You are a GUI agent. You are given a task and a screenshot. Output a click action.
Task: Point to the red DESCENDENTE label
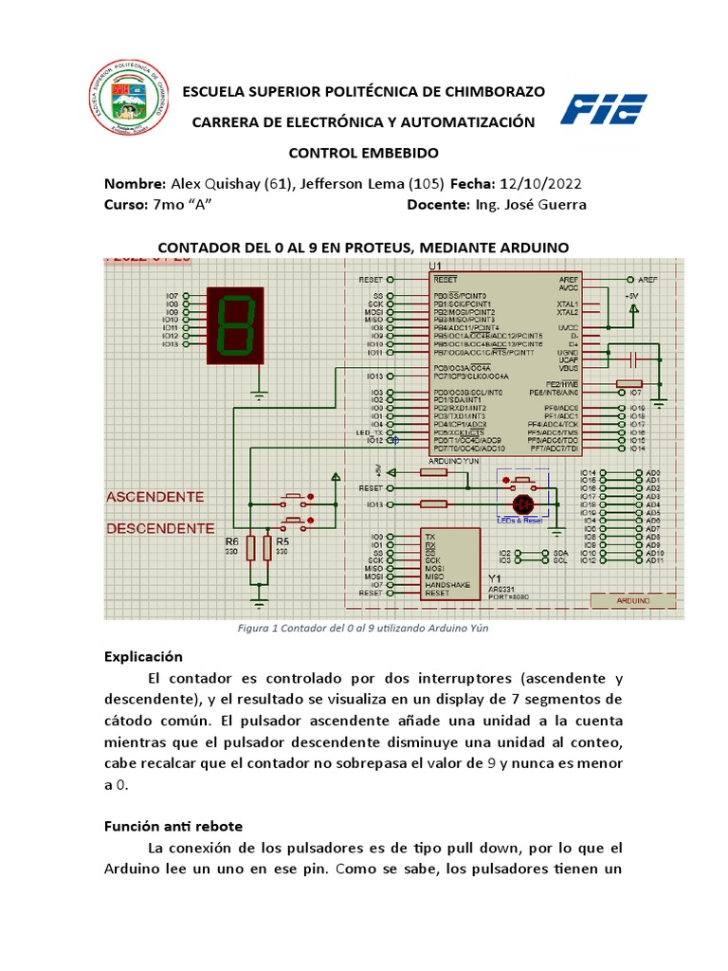click(160, 527)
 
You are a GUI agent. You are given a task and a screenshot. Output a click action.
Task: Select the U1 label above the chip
click(435, 265)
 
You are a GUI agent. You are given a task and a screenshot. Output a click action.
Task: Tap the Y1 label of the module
click(494, 577)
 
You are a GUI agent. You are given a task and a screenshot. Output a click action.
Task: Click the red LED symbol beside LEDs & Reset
click(520, 504)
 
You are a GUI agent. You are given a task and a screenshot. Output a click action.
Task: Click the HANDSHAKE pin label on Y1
click(447, 584)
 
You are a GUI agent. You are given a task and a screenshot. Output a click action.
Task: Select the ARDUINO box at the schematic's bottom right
click(633, 601)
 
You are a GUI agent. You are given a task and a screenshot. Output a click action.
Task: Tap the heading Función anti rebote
click(173, 827)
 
